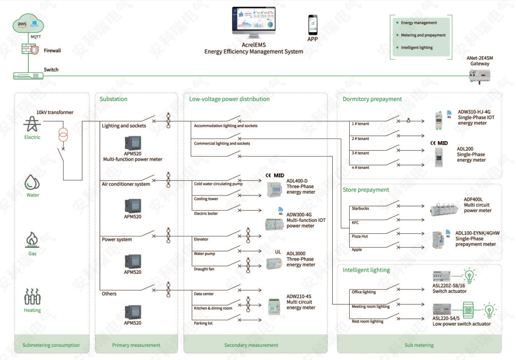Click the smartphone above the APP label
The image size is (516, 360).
313,25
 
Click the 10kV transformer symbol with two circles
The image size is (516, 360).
64,136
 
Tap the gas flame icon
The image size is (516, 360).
32,239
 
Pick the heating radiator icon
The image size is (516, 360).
32,297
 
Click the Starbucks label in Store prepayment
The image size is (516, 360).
360,209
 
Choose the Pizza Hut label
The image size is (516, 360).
360,236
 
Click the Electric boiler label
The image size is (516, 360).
206,214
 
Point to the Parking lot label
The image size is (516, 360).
203,323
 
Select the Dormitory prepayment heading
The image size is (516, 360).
372,99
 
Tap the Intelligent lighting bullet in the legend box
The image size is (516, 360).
417,47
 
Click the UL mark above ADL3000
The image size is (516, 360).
278,252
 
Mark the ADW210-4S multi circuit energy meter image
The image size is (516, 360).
274,306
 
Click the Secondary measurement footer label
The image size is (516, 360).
251,345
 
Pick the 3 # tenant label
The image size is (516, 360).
360,153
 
